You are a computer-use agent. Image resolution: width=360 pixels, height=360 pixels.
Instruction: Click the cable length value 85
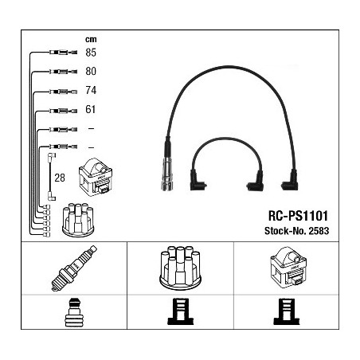click(x=91, y=53)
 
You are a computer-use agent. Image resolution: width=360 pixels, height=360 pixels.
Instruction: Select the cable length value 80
click(x=91, y=71)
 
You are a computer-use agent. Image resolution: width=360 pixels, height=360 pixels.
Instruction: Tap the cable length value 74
click(x=91, y=90)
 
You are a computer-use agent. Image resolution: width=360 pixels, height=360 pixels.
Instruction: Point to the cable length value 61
click(x=90, y=109)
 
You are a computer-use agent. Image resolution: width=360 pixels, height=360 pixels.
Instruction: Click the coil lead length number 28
click(x=60, y=178)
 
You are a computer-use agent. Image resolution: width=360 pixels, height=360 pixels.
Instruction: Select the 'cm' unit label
click(x=91, y=39)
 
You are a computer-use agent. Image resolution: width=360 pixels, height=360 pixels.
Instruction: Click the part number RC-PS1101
click(x=298, y=216)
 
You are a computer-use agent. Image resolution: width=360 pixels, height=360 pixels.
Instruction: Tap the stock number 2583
click(x=319, y=231)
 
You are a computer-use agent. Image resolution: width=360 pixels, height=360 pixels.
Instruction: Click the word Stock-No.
click(x=285, y=231)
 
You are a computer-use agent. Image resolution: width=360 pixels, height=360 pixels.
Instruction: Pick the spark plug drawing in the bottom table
click(x=74, y=268)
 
